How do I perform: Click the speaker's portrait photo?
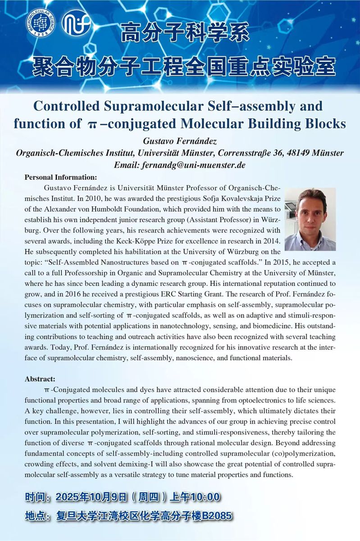[x=310, y=219]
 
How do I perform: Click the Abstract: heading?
[x=40, y=378]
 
